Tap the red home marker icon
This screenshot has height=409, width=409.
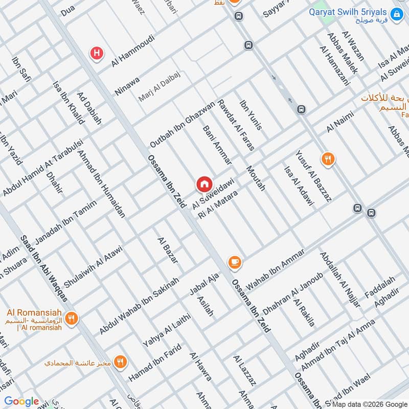[204, 184]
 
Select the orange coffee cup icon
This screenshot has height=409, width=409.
[235, 262]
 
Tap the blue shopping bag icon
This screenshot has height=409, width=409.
[396, 15]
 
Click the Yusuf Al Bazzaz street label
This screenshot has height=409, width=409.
[313, 175]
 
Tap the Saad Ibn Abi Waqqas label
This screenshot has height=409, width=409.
[44, 268]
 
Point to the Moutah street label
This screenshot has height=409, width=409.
[256, 178]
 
